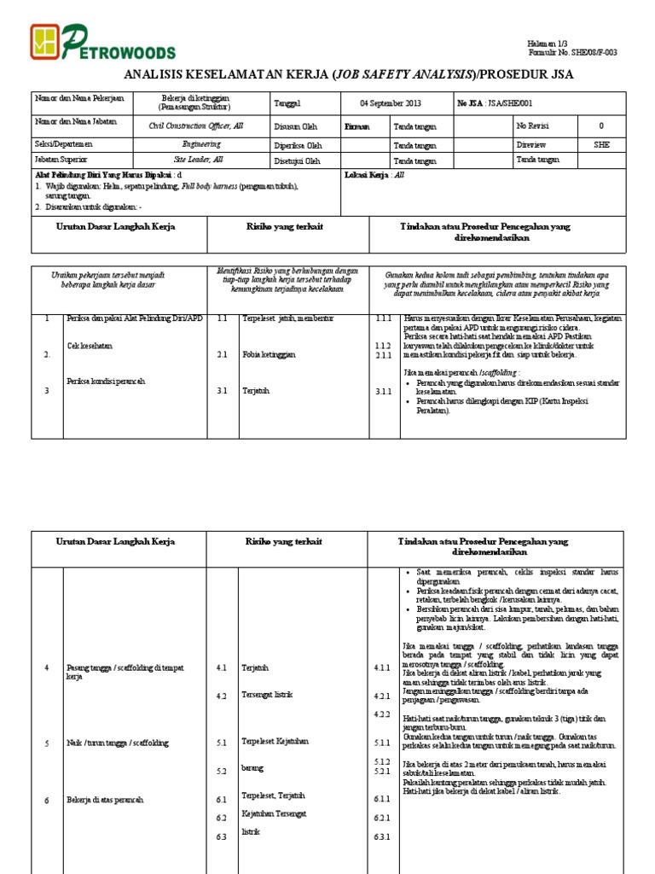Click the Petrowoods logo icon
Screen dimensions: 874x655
(48, 40)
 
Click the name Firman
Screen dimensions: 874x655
(356, 126)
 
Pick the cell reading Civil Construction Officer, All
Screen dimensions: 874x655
(196, 125)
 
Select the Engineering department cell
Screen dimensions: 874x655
(196, 145)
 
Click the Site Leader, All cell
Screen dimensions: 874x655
(196, 160)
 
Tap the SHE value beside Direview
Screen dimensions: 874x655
(601, 145)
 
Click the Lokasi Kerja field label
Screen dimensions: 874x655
(362, 173)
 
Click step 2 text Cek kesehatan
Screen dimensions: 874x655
(90, 346)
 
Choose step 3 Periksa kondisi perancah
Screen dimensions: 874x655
(106, 381)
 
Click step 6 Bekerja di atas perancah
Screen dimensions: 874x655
(104, 800)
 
